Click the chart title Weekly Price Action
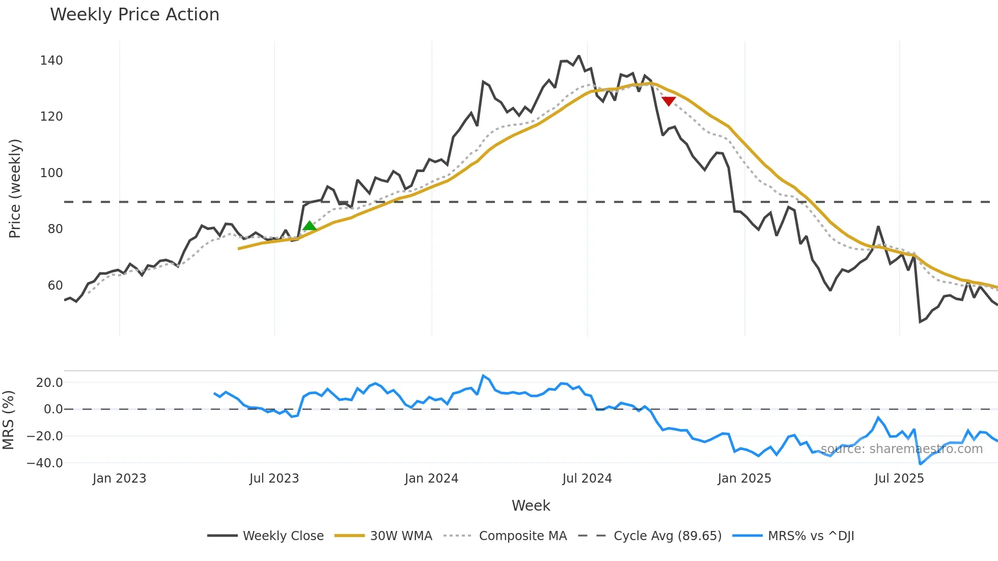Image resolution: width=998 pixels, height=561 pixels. tap(134, 14)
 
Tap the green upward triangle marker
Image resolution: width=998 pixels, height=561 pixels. tap(309, 226)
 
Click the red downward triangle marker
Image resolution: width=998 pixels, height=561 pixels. tap(669, 101)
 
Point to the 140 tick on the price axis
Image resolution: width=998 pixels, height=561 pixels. tap(51, 61)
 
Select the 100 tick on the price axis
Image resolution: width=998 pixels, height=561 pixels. tap(51, 173)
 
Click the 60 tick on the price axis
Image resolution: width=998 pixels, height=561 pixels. tap(55, 286)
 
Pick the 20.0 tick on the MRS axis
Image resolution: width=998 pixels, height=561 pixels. tap(49, 383)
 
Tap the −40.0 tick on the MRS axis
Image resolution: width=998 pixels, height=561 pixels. tap(45, 463)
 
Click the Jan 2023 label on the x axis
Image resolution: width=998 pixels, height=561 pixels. tap(119, 479)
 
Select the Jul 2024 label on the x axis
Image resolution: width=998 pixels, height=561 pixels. tap(587, 479)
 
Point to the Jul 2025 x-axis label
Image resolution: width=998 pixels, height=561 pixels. tap(899, 479)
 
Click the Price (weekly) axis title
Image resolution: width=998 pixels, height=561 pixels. tap(15, 188)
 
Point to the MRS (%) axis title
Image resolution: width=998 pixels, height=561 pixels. tap(8, 420)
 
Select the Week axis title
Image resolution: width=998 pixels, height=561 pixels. tap(531, 506)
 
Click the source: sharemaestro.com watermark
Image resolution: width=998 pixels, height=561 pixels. tap(901, 449)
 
